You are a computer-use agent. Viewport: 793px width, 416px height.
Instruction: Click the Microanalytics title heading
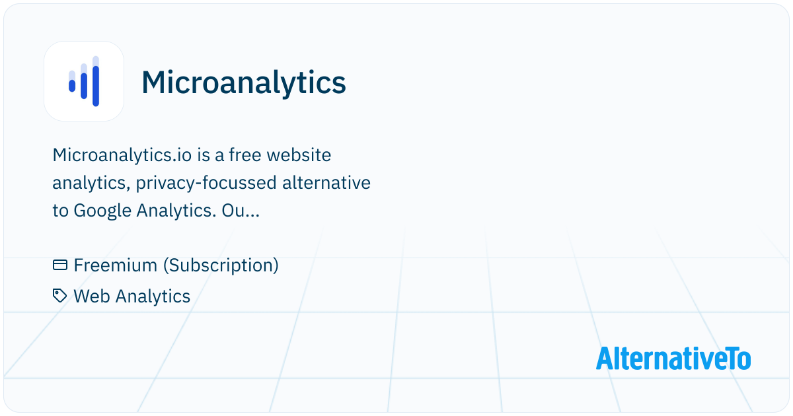point(244,83)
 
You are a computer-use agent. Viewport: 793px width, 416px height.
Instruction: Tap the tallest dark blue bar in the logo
point(96,86)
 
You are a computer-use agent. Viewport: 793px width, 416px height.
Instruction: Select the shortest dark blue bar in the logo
point(72,86)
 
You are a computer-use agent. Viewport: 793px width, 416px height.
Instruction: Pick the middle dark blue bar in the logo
point(84,86)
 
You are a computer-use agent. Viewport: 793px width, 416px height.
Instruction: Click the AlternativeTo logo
point(673,359)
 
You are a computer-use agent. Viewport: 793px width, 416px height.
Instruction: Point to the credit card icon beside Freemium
point(60,265)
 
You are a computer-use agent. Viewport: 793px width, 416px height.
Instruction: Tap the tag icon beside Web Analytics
point(59,296)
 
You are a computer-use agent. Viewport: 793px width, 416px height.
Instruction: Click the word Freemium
point(115,265)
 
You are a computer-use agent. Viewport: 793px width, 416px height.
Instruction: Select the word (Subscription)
point(221,265)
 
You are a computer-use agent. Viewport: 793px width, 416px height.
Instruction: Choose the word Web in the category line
point(92,296)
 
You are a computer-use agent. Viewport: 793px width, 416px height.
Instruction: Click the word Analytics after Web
point(153,296)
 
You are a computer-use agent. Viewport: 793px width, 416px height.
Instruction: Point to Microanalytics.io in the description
point(122,155)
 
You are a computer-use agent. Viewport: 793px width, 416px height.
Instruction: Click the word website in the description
point(299,155)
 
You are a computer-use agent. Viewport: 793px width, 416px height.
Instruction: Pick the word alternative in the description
point(326,183)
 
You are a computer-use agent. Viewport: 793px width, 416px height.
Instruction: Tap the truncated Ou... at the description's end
point(241,211)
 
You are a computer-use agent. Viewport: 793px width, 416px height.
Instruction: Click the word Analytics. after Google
point(176,211)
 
